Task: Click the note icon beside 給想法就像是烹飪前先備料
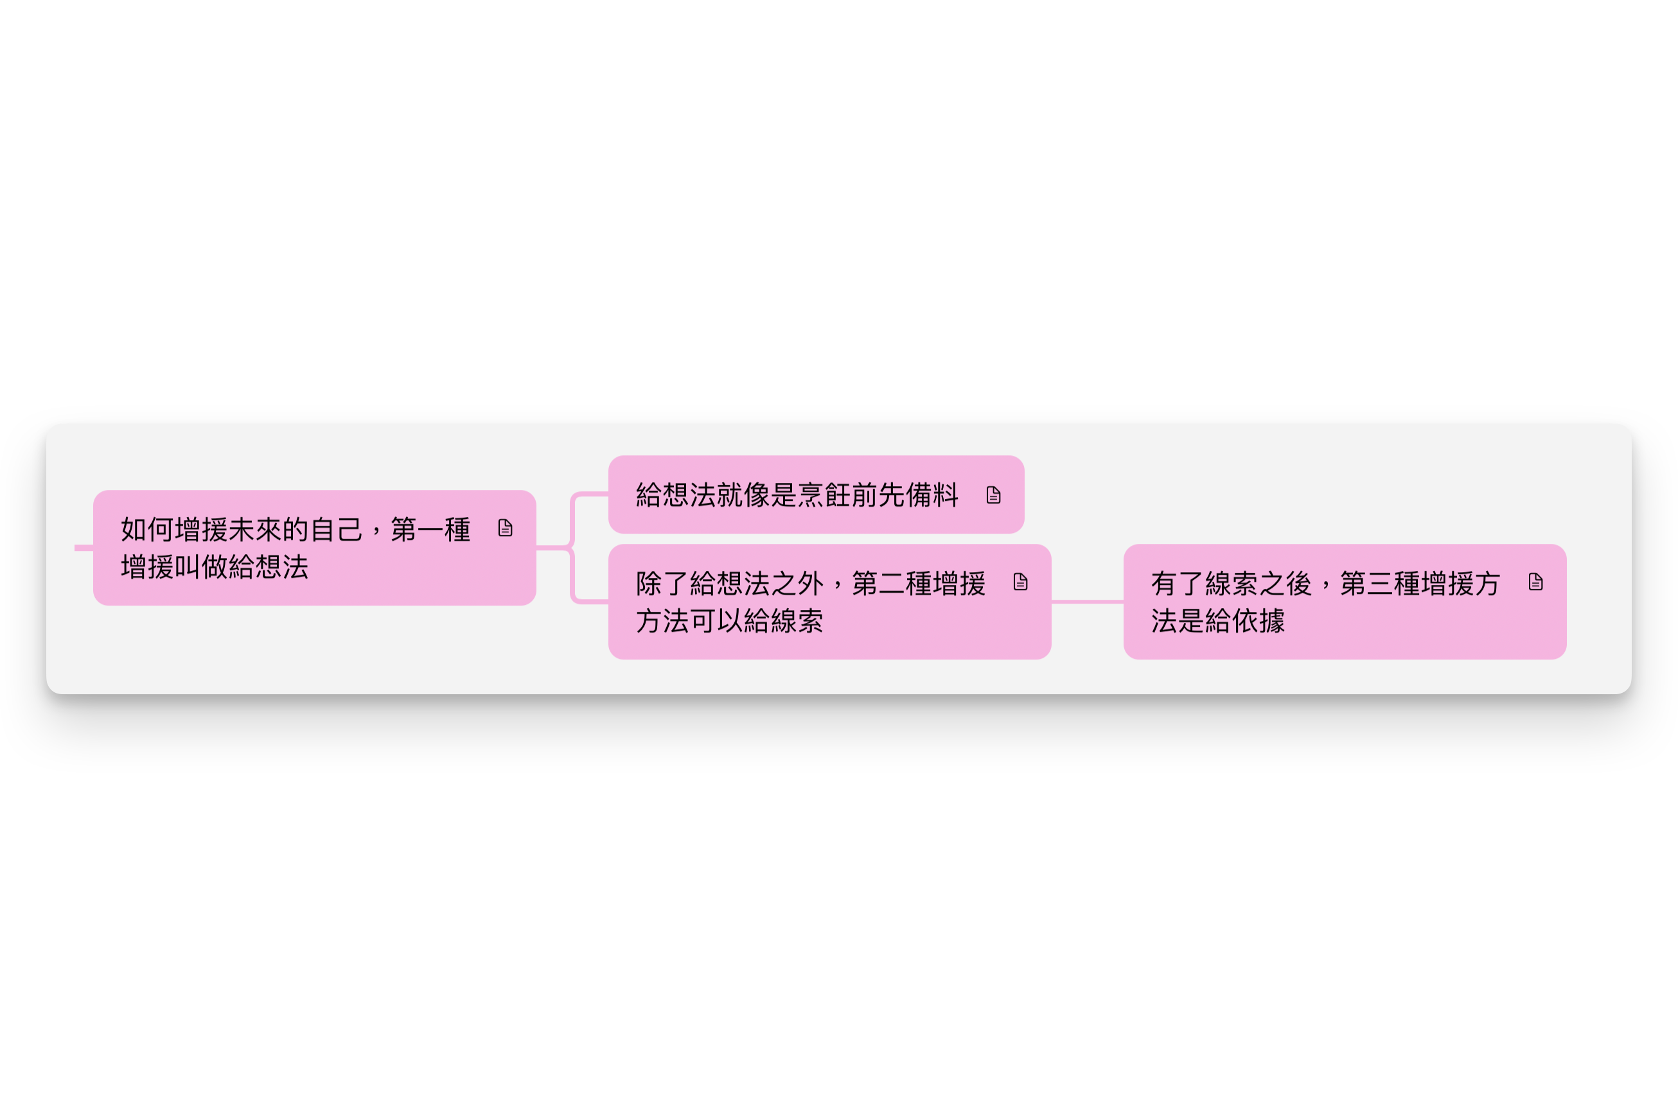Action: (993, 495)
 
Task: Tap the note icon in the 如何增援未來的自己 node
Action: (505, 528)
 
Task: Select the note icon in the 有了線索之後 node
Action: (1535, 582)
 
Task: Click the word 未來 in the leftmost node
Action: (254, 530)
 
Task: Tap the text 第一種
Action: (430, 530)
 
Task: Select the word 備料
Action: (932, 495)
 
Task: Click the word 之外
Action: (797, 584)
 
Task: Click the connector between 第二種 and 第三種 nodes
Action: (1087, 602)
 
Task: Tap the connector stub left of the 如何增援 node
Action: (83, 548)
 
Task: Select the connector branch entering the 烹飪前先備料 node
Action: (590, 494)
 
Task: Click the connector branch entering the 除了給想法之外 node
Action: (590, 602)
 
